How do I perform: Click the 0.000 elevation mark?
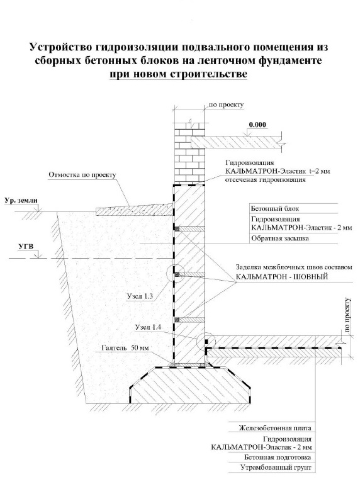(257, 125)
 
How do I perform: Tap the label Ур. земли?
(21, 201)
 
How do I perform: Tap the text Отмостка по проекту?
(82, 175)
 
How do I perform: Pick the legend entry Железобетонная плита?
(275, 428)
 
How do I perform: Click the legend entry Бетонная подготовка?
(278, 457)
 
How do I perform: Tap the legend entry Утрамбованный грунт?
(276, 467)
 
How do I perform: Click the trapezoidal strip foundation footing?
(190, 384)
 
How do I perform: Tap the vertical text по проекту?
(347, 315)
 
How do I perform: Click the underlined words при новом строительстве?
(178, 74)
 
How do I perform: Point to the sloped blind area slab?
(134, 210)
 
